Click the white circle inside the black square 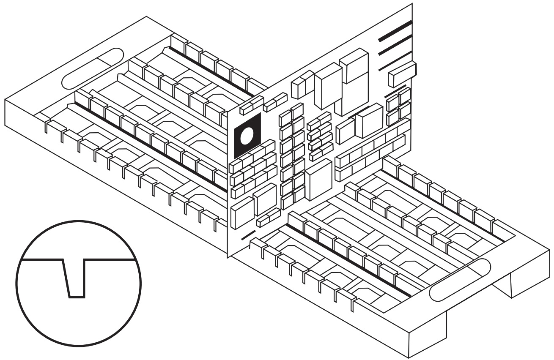pyautogui.click(x=247, y=136)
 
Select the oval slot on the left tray pyautogui.click(x=93, y=68)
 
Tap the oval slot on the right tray pyautogui.click(x=460, y=279)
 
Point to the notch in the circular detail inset pyautogui.click(x=75, y=278)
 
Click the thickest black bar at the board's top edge pyautogui.click(x=395, y=30)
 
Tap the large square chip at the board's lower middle pyautogui.click(x=318, y=179)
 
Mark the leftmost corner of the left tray pyautogui.click(x=5, y=99)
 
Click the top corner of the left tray pyautogui.click(x=146, y=17)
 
